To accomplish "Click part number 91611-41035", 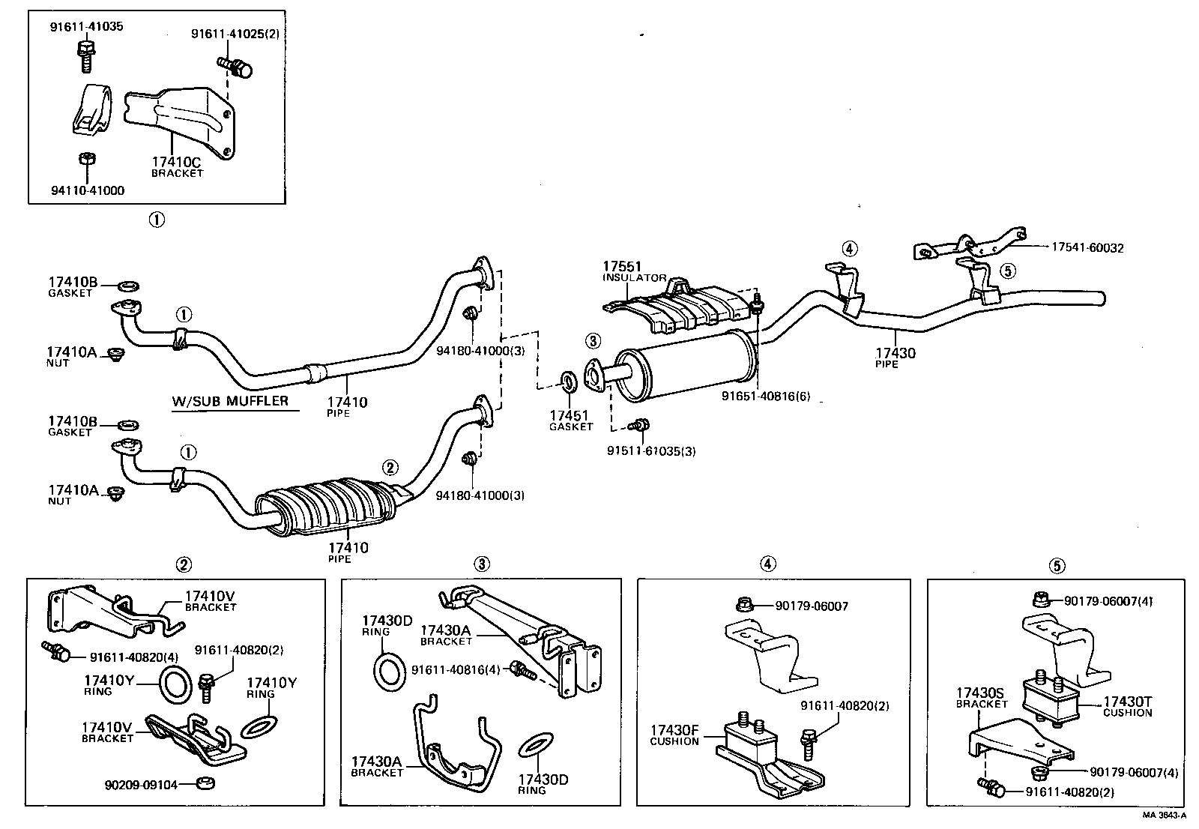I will pyautogui.click(x=86, y=27).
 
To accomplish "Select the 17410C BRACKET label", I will pyautogui.click(x=177, y=166).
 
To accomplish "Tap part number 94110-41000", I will pyautogui.click(x=87, y=190).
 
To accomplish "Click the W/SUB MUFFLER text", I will pyautogui.click(x=230, y=401).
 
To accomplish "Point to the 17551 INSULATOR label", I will pyautogui.click(x=634, y=271).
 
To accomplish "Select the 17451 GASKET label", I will pyautogui.click(x=570, y=420).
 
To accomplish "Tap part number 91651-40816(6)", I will pyautogui.click(x=766, y=396).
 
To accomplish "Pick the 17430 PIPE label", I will pyautogui.click(x=896, y=358).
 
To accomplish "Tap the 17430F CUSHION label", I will pyautogui.click(x=674, y=735).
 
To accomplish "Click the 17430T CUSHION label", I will pyautogui.click(x=1127, y=707).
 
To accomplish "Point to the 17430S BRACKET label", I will pyautogui.click(x=982, y=698).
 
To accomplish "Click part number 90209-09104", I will pyautogui.click(x=141, y=785).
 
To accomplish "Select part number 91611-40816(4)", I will pyautogui.click(x=456, y=669).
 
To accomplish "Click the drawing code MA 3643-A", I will pyautogui.click(x=1163, y=815).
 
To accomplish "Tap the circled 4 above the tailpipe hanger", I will pyautogui.click(x=848, y=249).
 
